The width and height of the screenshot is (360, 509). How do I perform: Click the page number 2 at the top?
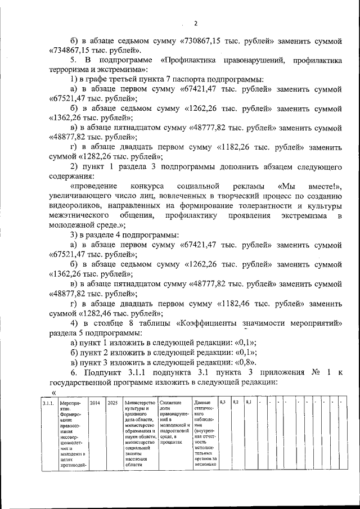(196, 23)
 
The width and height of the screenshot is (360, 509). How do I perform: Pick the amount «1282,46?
(99, 313)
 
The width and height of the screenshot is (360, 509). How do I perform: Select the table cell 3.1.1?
(48, 403)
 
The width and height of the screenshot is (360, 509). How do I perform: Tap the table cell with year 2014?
(95, 403)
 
